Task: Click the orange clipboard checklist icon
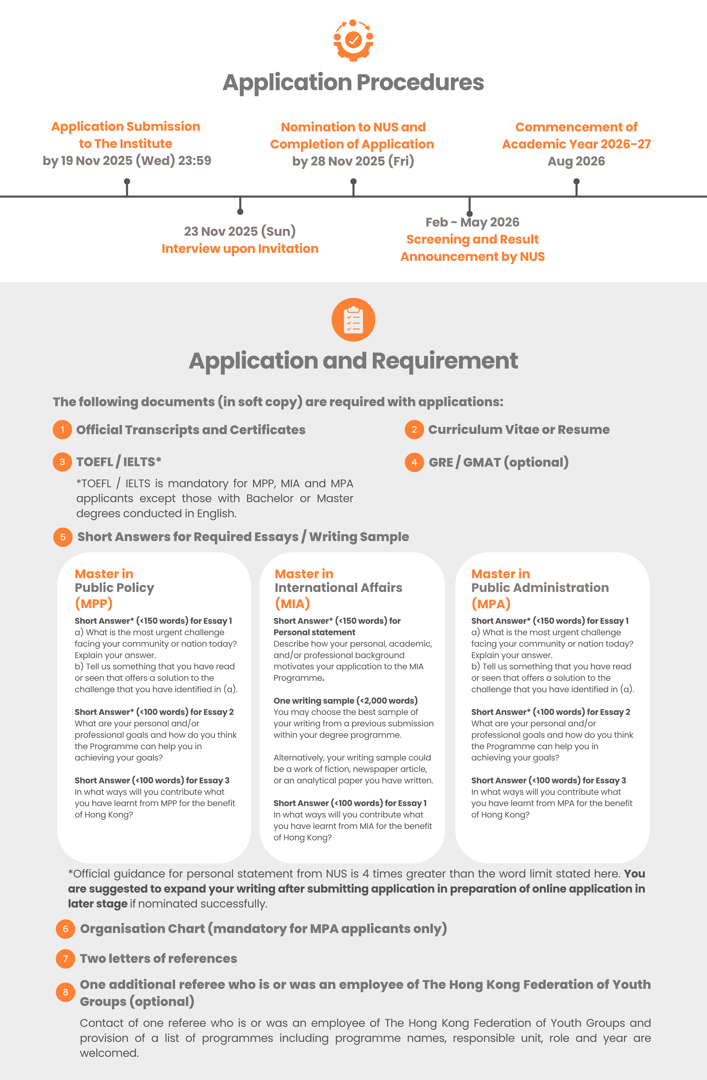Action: click(x=353, y=320)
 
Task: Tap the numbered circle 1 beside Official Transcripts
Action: click(x=62, y=430)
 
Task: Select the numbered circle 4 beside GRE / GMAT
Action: click(x=414, y=462)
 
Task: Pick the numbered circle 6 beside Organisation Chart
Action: click(x=65, y=929)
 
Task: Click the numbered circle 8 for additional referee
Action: click(x=65, y=992)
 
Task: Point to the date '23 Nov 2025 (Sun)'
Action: click(x=240, y=231)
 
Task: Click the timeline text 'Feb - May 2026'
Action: click(x=472, y=222)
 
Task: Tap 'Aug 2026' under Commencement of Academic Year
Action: click(x=576, y=161)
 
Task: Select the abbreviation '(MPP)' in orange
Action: click(x=93, y=604)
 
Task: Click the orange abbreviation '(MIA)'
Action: click(x=292, y=604)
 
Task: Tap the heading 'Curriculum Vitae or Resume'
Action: click(x=519, y=430)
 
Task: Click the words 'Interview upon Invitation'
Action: click(x=240, y=249)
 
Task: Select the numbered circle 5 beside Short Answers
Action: click(x=63, y=537)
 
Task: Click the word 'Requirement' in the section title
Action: click(x=445, y=361)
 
